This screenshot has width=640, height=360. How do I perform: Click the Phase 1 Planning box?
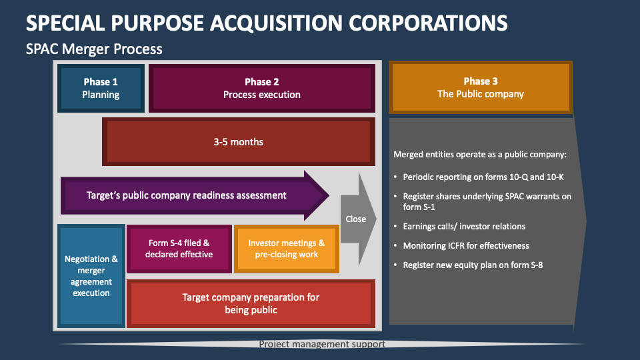click(x=101, y=88)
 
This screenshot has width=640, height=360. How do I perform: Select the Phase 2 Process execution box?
click(x=261, y=88)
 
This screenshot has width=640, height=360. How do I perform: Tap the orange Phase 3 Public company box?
click(x=480, y=88)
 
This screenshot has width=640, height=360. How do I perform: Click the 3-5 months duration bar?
click(x=238, y=142)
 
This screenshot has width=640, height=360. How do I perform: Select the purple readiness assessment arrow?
click(x=187, y=195)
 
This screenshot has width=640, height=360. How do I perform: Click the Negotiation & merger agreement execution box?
click(x=91, y=276)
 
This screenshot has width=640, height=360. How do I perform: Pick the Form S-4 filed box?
click(x=179, y=249)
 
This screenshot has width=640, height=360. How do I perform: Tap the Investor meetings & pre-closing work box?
click(x=286, y=249)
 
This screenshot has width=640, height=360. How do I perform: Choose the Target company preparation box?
click(x=251, y=303)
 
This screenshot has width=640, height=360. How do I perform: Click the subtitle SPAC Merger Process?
click(x=94, y=49)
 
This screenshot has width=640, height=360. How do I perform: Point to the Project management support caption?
click(x=322, y=344)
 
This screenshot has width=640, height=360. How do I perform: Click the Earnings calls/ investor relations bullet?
click(x=464, y=226)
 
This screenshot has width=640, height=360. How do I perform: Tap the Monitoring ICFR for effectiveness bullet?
click(x=466, y=245)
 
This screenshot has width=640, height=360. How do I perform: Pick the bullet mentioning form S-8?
click(x=472, y=265)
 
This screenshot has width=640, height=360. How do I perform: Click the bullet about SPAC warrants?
click(x=487, y=201)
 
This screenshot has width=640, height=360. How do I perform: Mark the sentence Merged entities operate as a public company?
click(x=480, y=155)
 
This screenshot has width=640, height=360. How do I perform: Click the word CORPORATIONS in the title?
click(x=428, y=22)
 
